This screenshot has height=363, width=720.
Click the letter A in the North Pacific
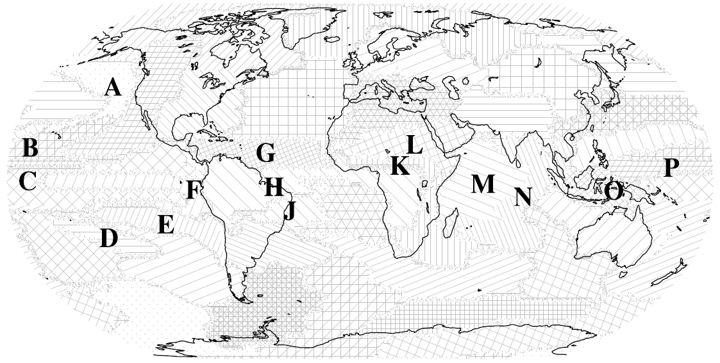(x=113, y=86)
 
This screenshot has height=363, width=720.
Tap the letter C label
(x=27, y=181)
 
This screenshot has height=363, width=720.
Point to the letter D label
(x=109, y=239)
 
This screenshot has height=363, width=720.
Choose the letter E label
(x=165, y=225)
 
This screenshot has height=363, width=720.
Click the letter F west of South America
(x=193, y=190)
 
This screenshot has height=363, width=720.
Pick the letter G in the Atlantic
(x=265, y=153)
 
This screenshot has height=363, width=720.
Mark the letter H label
(x=273, y=188)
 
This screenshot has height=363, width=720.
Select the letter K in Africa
(x=399, y=166)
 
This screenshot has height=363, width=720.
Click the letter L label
(x=414, y=145)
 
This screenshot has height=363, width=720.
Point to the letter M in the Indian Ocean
(x=483, y=184)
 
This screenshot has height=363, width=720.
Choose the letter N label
(x=523, y=197)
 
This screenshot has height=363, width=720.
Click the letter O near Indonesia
(x=614, y=190)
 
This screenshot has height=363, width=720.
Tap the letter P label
(x=671, y=168)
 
